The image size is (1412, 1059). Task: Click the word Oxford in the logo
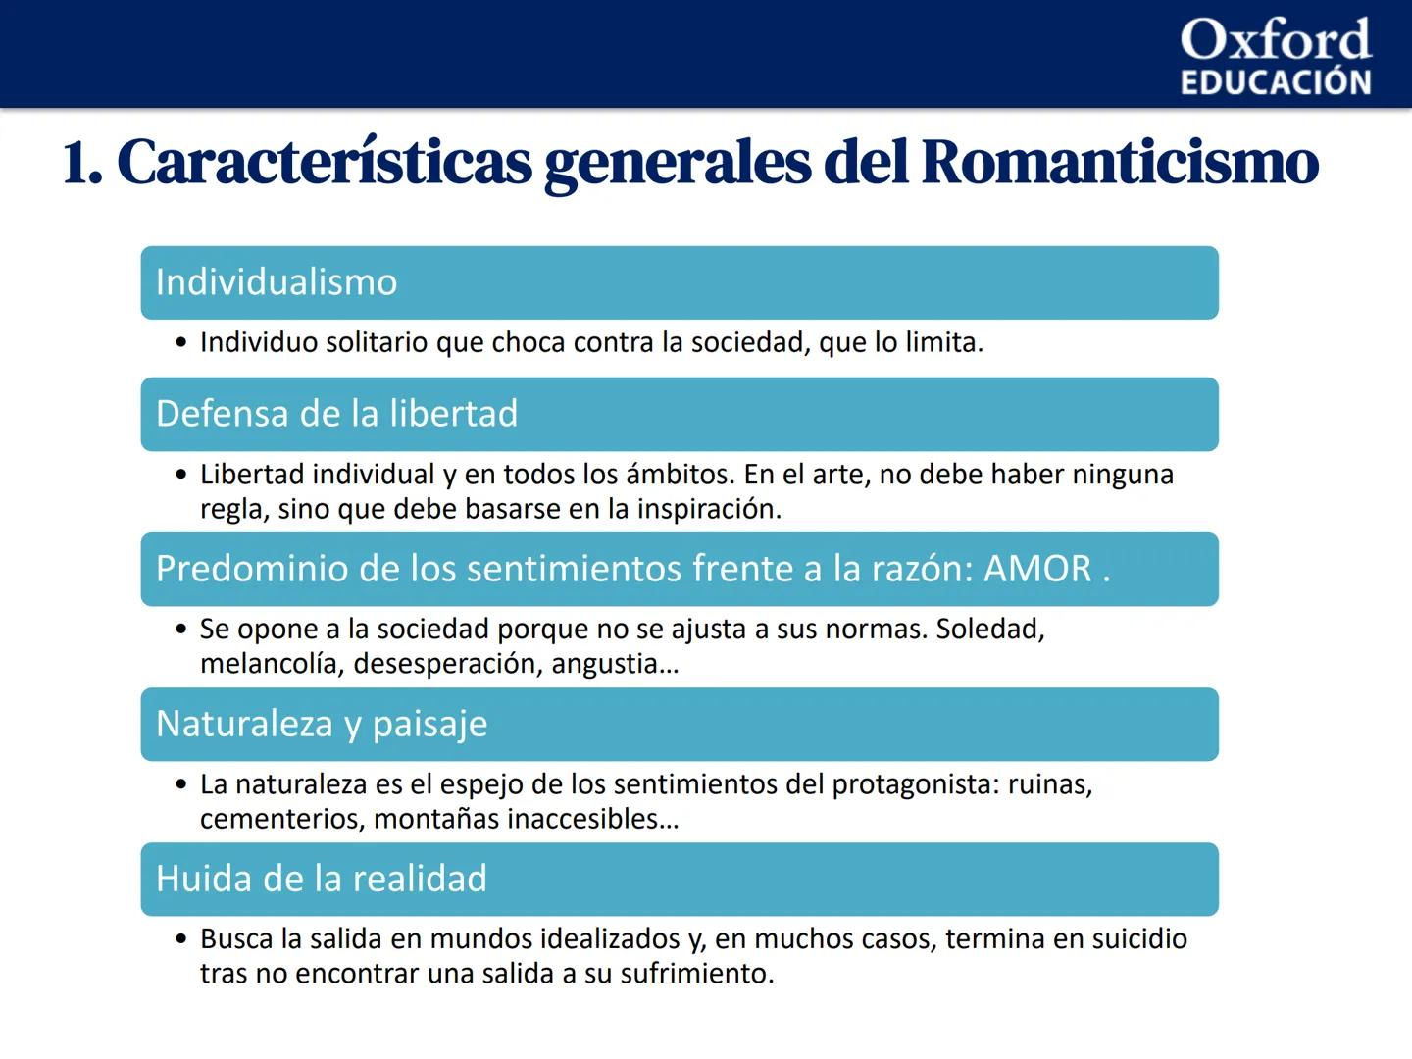(1275, 40)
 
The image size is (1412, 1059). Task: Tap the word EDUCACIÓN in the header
(1275, 82)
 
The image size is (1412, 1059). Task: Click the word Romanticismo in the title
(1120, 163)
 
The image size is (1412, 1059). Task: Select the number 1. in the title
(82, 163)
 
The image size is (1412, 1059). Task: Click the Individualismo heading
(277, 282)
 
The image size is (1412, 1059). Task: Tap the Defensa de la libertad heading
(336, 414)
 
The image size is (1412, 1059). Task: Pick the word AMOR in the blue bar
(1037, 569)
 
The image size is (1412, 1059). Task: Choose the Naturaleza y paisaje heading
(322, 724)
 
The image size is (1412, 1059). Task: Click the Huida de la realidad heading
(322, 879)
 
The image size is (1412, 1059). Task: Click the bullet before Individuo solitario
(180, 343)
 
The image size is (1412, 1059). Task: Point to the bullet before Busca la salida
(180, 939)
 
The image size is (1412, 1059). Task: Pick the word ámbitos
(680, 475)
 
